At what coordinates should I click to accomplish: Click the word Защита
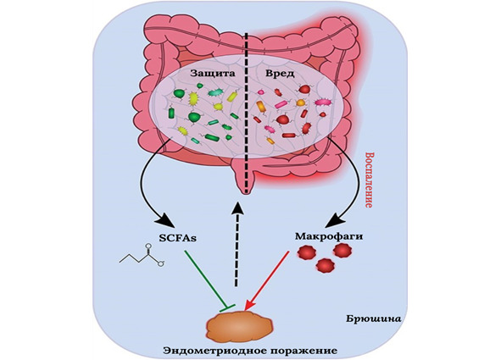[x=213, y=74]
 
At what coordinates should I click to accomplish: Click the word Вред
[x=280, y=74]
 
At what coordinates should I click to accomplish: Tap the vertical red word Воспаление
[x=369, y=180]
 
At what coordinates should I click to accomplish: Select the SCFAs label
[x=177, y=238]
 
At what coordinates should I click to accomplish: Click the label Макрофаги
[x=329, y=236]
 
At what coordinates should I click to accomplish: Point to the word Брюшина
[x=373, y=318]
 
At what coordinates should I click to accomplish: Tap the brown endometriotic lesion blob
[x=240, y=325]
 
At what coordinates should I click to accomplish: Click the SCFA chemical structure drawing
[x=142, y=256]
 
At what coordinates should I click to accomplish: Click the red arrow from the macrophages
[x=266, y=280]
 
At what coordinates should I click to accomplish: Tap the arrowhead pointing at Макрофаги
[x=337, y=219]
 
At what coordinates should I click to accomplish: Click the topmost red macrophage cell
[x=342, y=251]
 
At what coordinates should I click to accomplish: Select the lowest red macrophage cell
[x=325, y=265]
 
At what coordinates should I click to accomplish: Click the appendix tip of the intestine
[x=246, y=191]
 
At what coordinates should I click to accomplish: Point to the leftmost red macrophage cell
[x=306, y=252]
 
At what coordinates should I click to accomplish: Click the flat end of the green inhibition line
[x=227, y=307]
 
